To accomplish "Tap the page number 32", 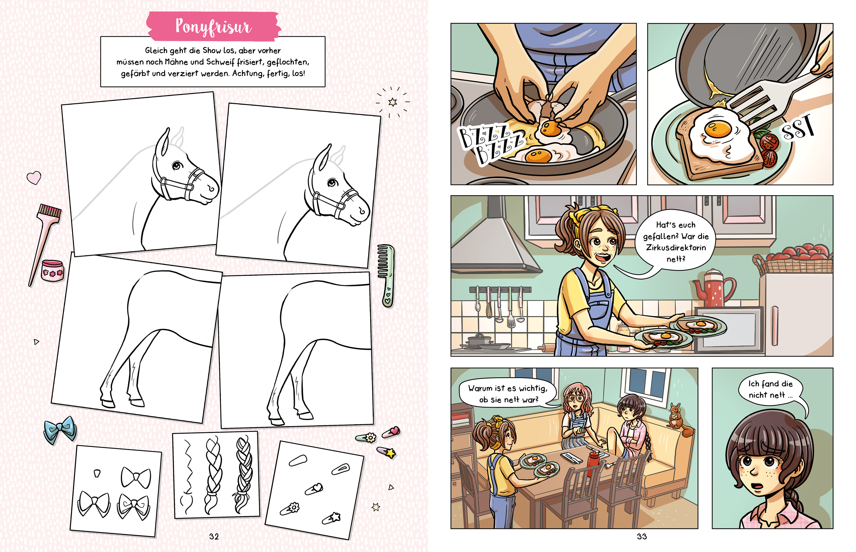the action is click(214, 536).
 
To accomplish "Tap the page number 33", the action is click(642, 536).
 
